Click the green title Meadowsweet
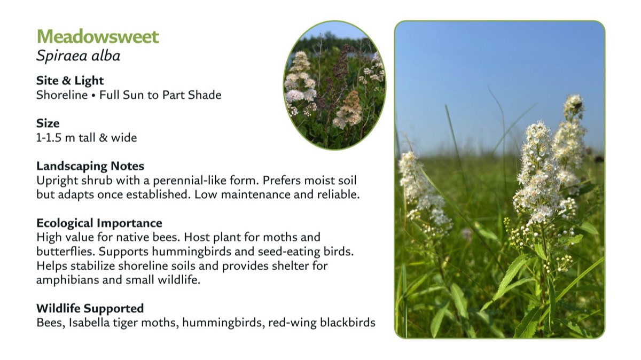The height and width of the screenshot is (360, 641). point(98,36)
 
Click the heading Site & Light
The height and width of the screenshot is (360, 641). point(70,81)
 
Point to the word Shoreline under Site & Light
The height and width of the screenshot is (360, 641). point(62,95)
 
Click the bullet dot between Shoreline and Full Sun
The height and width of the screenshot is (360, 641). point(93,96)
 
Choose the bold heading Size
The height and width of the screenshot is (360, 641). point(48,123)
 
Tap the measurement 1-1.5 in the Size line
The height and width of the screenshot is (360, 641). point(49,138)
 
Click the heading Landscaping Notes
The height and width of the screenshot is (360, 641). point(90,166)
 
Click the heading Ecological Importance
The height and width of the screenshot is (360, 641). point(99,223)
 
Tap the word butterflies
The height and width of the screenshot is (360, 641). point(66,252)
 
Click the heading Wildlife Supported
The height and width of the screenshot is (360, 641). point(90,309)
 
